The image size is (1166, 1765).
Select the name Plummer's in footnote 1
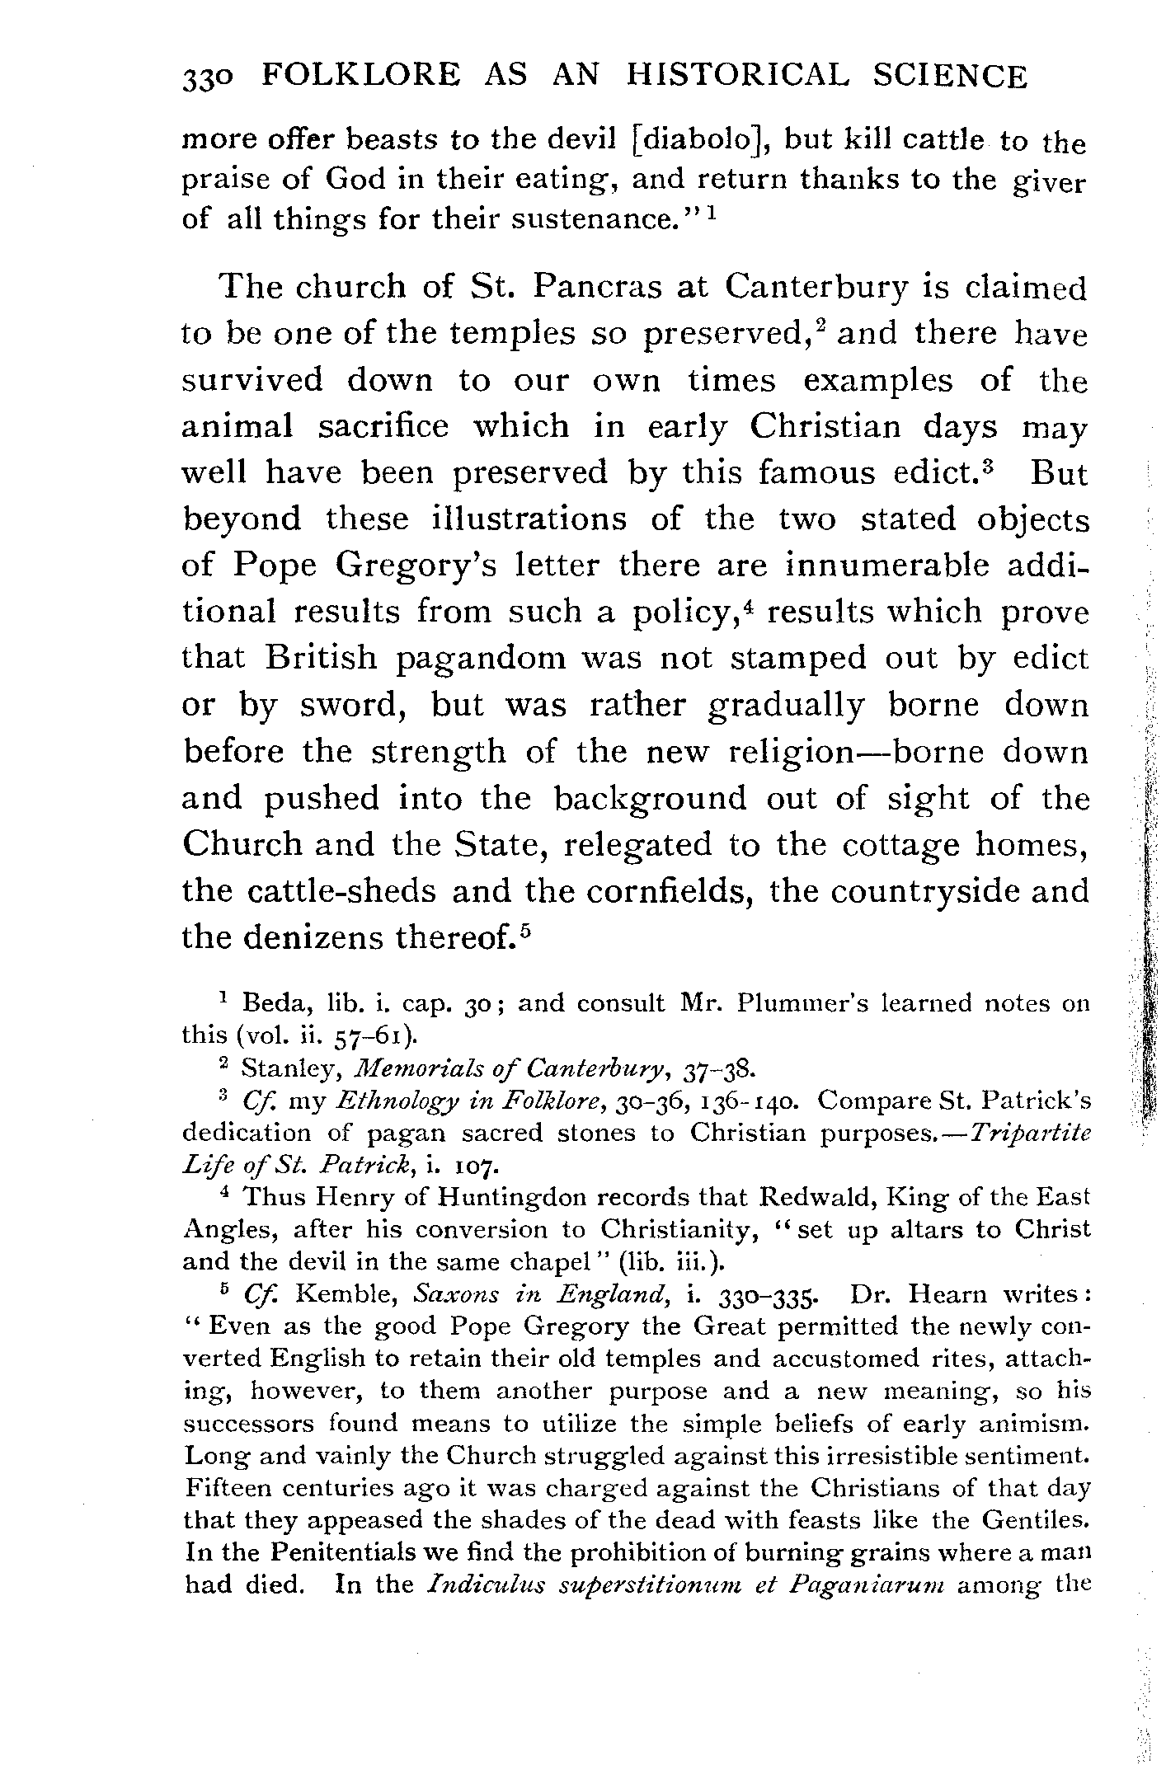pos(796,1003)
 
